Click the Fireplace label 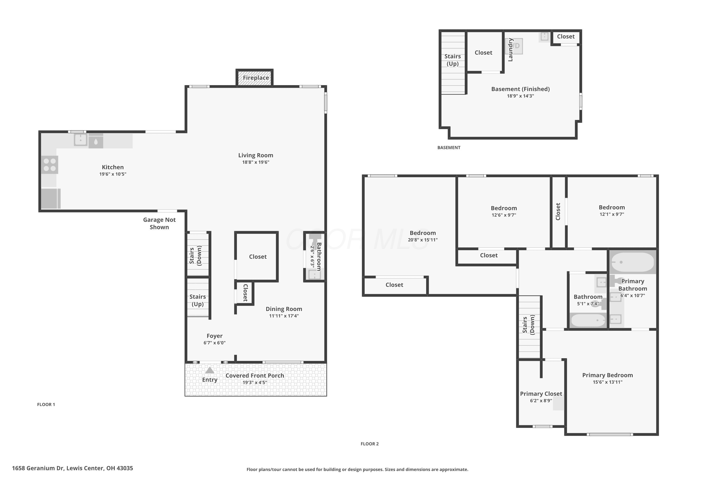pos(256,78)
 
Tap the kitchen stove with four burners pos(50,165)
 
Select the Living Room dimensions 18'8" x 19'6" pos(256,162)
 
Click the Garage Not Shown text pos(159,223)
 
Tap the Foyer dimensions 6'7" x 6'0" pos(215,343)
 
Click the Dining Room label pos(284,309)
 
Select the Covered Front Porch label pos(255,375)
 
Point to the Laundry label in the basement pos(511,50)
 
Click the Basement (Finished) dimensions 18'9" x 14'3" pos(521,96)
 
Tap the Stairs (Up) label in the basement pos(453,60)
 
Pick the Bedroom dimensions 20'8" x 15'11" pos(423,240)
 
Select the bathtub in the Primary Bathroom pos(632,262)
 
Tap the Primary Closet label pos(541,394)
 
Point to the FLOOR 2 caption pos(370,444)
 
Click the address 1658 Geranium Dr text pos(38,468)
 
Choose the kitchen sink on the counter pos(81,140)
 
